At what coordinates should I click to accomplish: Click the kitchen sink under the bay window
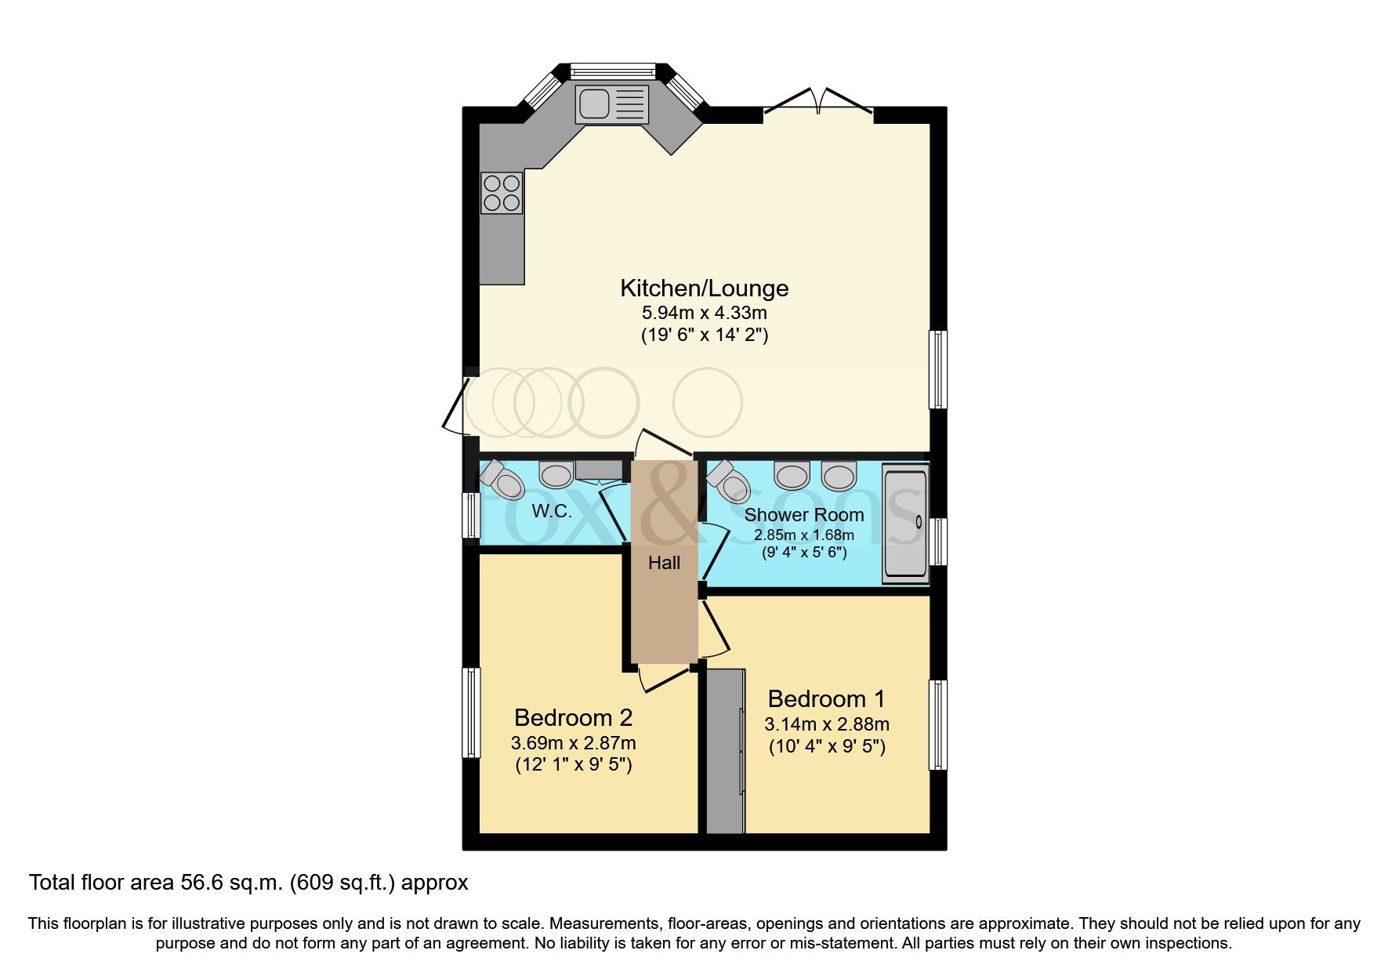(612, 104)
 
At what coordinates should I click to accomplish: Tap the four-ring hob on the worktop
(502, 193)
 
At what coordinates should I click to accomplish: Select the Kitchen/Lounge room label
(704, 288)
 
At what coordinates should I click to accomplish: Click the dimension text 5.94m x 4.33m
(704, 313)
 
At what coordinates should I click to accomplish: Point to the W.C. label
(552, 512)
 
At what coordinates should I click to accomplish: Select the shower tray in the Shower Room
(905, 522)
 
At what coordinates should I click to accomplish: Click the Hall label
(664, 563)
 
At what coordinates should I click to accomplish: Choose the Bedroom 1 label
(826, 698)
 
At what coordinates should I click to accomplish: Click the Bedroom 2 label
(573, 717)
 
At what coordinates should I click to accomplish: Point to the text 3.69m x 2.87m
(573, 742)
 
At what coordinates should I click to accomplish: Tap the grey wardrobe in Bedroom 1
(725, 750)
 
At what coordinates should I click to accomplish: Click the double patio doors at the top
(817, 102)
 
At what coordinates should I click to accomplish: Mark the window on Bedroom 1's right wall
(937, 724)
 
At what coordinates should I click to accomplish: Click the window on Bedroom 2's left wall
(470, 712)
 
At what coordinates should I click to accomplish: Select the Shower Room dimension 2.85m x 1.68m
(804, 535)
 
